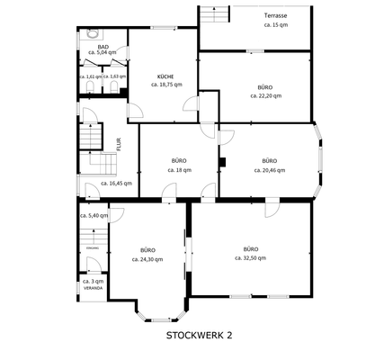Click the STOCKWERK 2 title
[x=199, y=335]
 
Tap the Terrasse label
[x=276, y=16]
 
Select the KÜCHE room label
[x=165, y=76]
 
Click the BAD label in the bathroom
[x=103, y=46]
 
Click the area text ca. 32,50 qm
[x=250, y=257]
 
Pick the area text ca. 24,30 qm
[x=147, y=259]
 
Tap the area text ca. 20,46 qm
[x=270, y=169]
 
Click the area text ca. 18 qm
[x=179, y=169]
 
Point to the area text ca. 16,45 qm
[x=116, y=184]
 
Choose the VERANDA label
[x=94, y=288]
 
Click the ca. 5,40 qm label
[x=94, y=216]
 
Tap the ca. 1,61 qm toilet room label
[x=90, y=76]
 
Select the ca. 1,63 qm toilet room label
[x=113, y=76]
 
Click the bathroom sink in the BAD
[x=93, y=35]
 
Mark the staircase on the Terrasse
[x=213, y=15]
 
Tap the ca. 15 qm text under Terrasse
[x=276, y=25]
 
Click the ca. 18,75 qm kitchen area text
[x=165, y=85]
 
